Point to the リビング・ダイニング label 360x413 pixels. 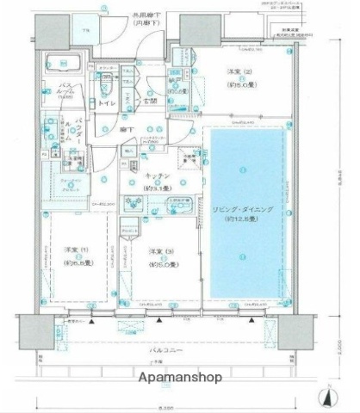pos(245,210)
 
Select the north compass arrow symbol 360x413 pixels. pos(329,397)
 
